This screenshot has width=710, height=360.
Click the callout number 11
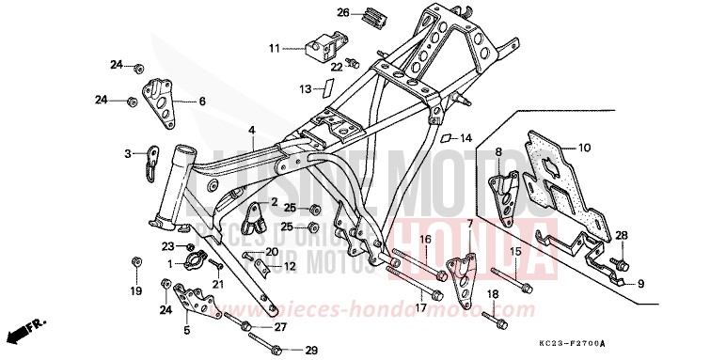pos(274,48)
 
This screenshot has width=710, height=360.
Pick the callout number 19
pos(135,291)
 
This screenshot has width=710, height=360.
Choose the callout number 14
pos(465,138)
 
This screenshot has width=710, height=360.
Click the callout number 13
pos(305,89)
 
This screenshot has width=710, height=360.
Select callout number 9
pos(641,284)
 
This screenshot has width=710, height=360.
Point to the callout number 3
pos(129,152)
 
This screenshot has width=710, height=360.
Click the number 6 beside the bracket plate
pos(201,101)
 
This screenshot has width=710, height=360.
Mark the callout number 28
pos(621,235)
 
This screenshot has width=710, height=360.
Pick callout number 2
pos(275,201)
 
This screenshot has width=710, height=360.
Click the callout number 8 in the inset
pos(499,151)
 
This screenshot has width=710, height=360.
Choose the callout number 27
pos(280,327)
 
